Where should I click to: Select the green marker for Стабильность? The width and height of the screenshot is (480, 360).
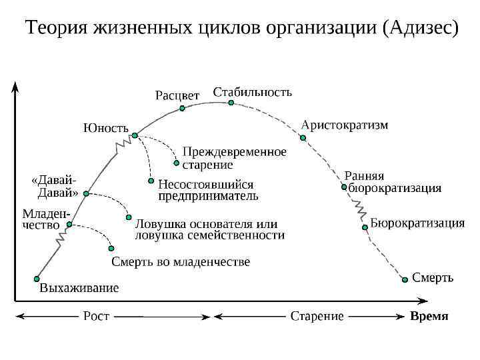[230, 103]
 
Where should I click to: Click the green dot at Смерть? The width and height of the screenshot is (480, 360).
[405, 280]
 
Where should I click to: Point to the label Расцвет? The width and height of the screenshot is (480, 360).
[177, 95]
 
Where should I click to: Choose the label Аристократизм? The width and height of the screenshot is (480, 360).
[345, 125]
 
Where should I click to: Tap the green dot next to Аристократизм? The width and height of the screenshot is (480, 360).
[303, 138]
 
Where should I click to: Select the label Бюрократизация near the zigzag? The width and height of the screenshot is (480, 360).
[417, 223]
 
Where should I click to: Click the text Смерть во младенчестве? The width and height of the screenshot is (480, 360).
[180, 262]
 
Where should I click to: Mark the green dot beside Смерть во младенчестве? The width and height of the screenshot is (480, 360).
[111, 248]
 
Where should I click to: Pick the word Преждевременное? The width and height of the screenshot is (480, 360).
[235, 152]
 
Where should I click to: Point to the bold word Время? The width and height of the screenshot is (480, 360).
[429, 316]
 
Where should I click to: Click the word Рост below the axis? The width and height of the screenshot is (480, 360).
[96, 316]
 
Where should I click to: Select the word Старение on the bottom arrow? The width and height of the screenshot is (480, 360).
[317, 316]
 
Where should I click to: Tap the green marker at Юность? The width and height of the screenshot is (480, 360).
[135, 135]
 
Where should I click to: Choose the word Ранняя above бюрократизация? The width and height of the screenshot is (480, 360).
[364, 176]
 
